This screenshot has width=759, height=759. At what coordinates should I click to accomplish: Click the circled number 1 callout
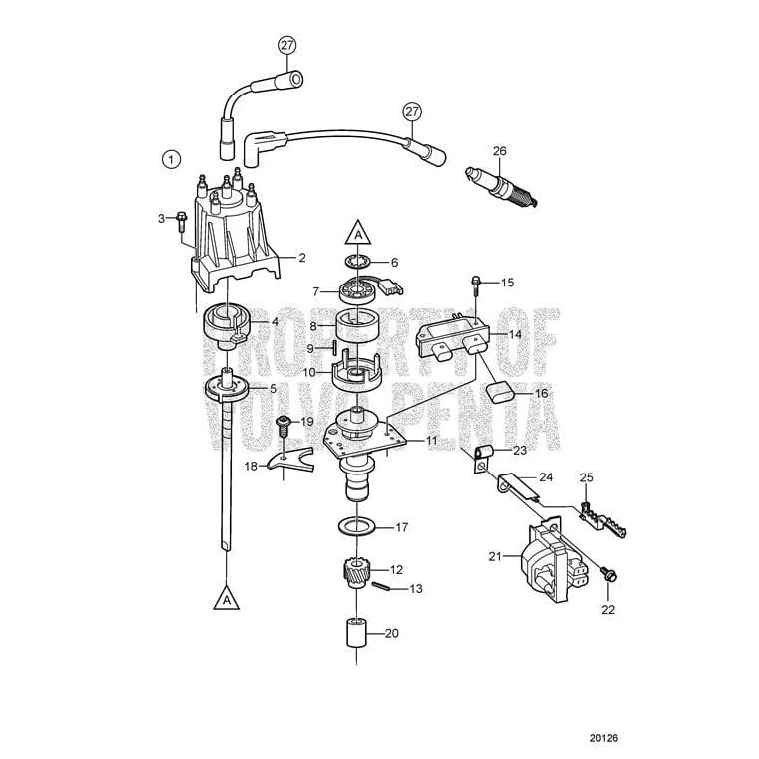point(172,158)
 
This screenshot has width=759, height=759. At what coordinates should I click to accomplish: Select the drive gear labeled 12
point(356,574)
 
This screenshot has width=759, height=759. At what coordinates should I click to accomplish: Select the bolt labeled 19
point(283,427)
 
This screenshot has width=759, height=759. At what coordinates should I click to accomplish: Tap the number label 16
point(542,394)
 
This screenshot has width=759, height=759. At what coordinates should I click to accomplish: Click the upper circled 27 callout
point(286,46)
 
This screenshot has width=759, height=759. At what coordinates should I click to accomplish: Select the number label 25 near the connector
point(586,478)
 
